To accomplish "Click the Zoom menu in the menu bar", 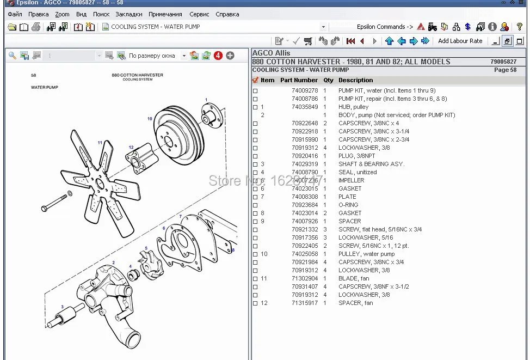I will coord(62,14).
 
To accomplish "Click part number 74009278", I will coord(305,90).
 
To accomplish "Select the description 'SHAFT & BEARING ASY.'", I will coord(371,164).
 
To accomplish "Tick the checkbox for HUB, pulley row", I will coord(255,107).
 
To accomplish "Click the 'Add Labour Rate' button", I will coord(460,41).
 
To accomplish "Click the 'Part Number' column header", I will coord(299,80).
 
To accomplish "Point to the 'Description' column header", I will coord(355,80).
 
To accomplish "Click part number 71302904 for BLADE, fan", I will coord(305,278).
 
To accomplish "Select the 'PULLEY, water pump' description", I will coord(366,254).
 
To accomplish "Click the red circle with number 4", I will coord(218,56).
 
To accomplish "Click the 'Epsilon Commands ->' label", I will coord(385,27).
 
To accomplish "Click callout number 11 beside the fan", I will coord(100,143).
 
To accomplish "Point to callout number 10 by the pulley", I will coord(150,119).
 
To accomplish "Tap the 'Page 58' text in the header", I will coord(505,70).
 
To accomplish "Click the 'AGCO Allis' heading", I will coord(271,53).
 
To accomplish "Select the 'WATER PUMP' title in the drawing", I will coord(45,87).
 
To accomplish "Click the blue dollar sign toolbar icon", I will coord(468,27).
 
